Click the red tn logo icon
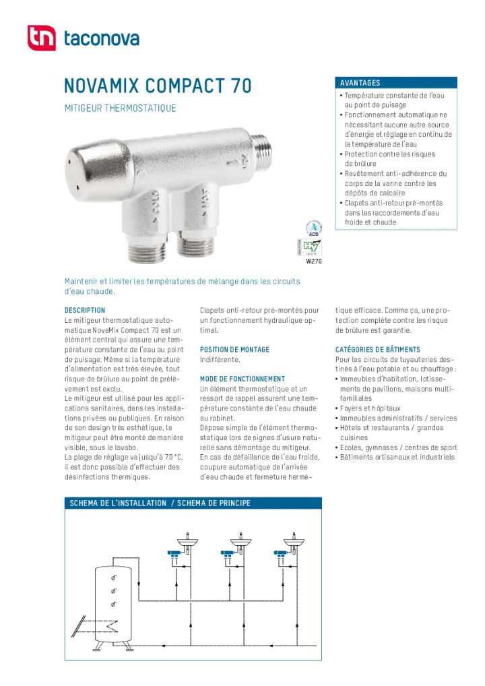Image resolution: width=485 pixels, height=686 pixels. [41, 38]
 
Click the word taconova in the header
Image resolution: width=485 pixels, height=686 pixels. [101, 39]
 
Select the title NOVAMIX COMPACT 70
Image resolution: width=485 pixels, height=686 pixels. [158, 86]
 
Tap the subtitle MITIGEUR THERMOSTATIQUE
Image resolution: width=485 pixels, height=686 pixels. [120, 108]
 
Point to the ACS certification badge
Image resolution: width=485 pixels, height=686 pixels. [313, 228]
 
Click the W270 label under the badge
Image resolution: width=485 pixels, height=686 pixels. [313, 261]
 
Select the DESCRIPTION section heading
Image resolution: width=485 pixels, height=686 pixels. [85, 311]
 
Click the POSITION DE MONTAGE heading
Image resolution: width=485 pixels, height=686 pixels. [234, 350]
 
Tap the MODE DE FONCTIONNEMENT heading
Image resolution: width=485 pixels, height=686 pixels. [243, 379]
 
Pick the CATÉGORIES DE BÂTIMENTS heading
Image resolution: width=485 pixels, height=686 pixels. [377, 350]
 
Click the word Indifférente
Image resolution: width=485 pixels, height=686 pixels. [220, 360]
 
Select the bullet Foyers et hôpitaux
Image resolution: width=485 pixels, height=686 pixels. [370, 408]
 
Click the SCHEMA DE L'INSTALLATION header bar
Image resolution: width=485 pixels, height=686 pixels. [160, 503]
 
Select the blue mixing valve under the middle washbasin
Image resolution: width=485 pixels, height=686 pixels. [228, 555]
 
